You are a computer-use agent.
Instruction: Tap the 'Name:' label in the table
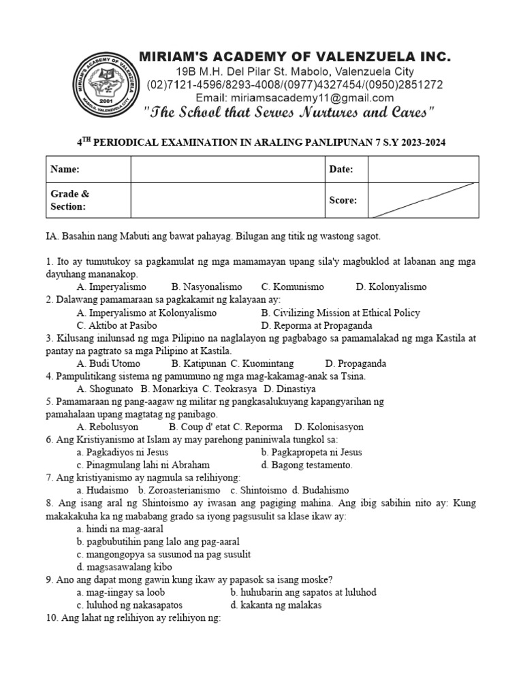click(65, 169)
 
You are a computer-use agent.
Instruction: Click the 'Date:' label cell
click(342, 169)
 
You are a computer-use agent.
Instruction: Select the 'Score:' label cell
click(343, 200)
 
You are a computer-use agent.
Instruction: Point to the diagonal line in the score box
click(422, 200)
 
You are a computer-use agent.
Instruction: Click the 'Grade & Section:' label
click(68, 200)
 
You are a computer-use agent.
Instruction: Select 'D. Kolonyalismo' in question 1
click(391, 287)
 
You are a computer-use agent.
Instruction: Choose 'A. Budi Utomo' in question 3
click(110, 364)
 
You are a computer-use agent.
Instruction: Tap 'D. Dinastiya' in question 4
click(289, 389)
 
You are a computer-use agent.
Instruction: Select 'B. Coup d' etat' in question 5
click(199, 427)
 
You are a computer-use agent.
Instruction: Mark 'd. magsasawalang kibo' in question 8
click(125, 566)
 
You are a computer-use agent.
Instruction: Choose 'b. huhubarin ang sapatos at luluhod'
click(303, 592)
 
